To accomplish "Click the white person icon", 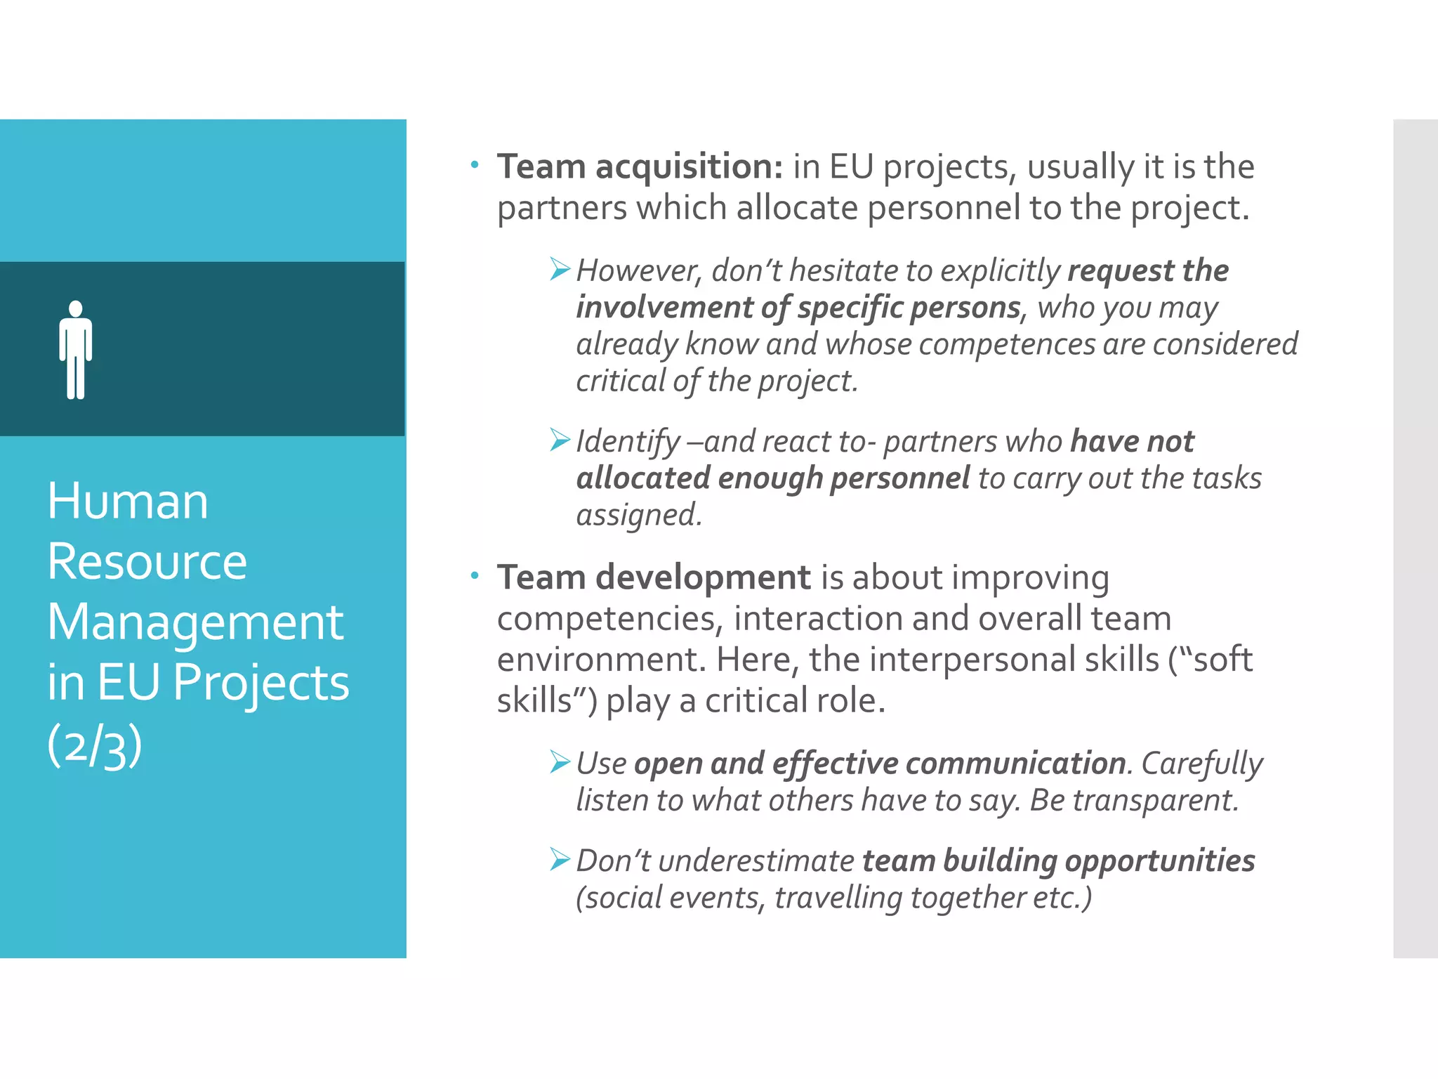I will click(76, 350).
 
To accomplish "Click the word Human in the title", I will click(128, 502).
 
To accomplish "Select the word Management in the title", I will click(195, 622).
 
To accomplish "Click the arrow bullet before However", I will click(560, 269).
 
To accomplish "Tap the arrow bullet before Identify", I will click(560, 440).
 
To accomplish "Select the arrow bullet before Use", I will click(560, 761).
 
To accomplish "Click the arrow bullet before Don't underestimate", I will click(560, 859).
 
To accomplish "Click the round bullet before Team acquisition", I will click(475, 165).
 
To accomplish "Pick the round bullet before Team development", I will click(475, 576).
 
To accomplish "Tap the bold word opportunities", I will click(1160, 861).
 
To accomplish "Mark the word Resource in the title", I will click(147, 562).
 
